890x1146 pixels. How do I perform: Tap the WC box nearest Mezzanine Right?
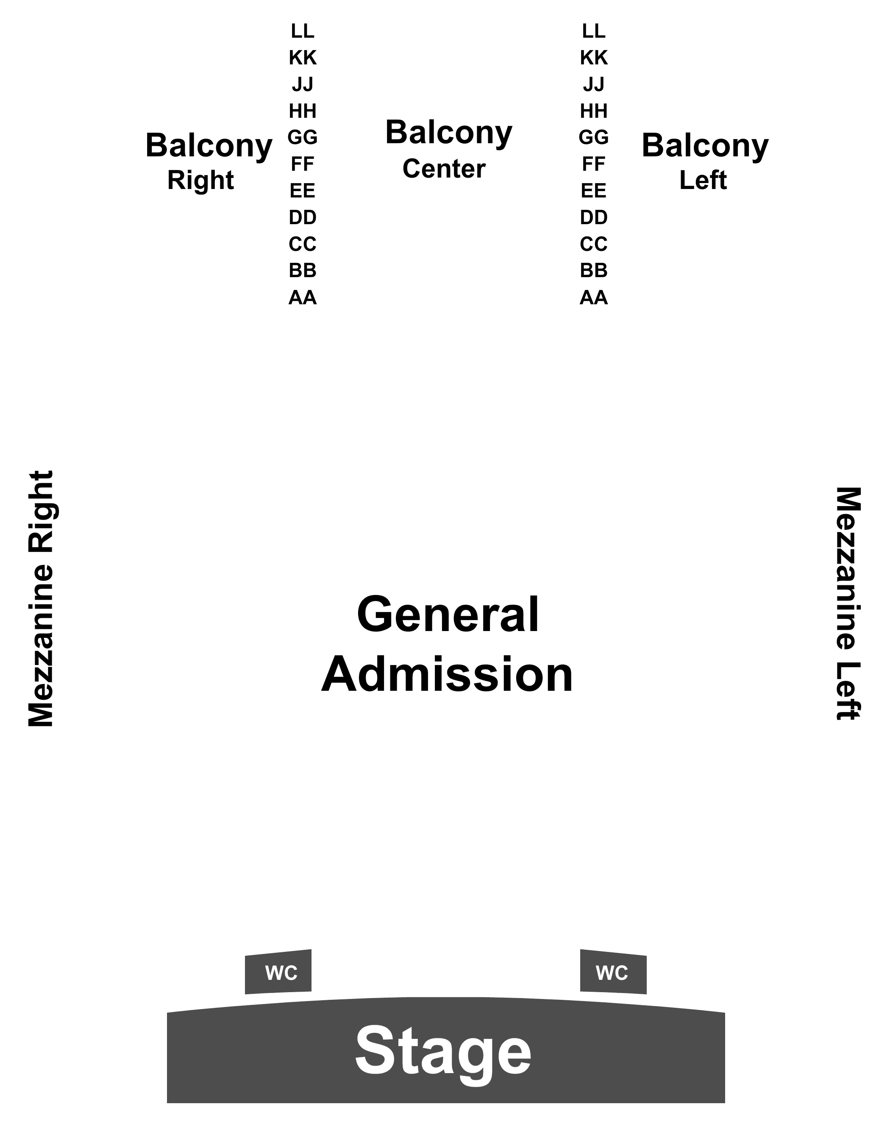click(x=278, y=971)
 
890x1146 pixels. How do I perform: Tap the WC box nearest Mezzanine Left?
click(x=613, y=971)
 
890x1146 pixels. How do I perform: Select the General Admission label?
click(x=447, y=644)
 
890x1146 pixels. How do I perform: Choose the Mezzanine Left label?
click(x=848, y=604)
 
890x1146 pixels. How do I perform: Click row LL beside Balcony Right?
click(x=303, y=31)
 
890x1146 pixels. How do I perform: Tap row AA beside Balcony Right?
click(x=303, y=298)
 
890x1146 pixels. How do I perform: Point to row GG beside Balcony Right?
click(x=303, y=137)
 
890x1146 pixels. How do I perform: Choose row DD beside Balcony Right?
click(x=303, y=217)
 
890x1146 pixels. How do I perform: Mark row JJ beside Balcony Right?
click(x=303, y=84)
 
